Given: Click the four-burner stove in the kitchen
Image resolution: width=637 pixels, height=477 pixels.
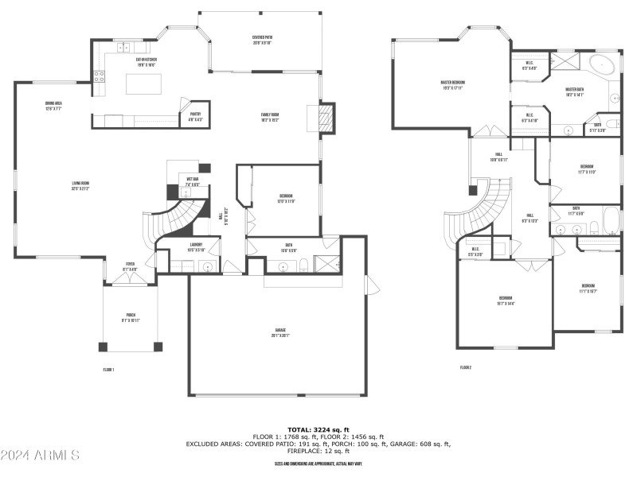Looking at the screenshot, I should [101, 77].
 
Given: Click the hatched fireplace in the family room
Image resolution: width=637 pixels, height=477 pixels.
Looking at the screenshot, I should [324, 118].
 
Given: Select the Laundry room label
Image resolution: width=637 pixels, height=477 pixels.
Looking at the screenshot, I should [196, 246].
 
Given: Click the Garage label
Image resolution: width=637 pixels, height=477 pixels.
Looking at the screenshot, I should [278, 333].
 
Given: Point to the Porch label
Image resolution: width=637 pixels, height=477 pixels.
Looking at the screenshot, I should [131, 316].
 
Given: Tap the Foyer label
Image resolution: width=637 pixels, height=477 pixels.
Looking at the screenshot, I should [131, 268].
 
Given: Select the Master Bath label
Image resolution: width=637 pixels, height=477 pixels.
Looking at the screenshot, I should [575, 91].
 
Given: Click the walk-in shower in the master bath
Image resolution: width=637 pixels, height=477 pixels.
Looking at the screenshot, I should [566, 62].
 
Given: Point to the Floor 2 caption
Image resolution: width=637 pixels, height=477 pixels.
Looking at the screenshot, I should [466, 367].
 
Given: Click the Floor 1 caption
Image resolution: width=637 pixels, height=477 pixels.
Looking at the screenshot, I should [109, 370].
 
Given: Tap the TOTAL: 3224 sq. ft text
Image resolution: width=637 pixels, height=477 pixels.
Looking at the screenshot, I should [318, 429].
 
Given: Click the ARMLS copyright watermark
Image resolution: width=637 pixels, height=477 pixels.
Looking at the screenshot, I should [40, 456].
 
